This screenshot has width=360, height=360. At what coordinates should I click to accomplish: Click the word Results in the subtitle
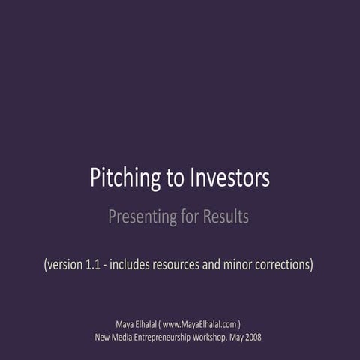pyautogui.click(x=223, y=218)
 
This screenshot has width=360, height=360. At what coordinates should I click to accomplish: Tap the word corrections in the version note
pyautogui.click(x=280, y=264)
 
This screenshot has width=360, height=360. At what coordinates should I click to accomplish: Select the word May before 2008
pyautogui.click(x=232, y=337)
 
